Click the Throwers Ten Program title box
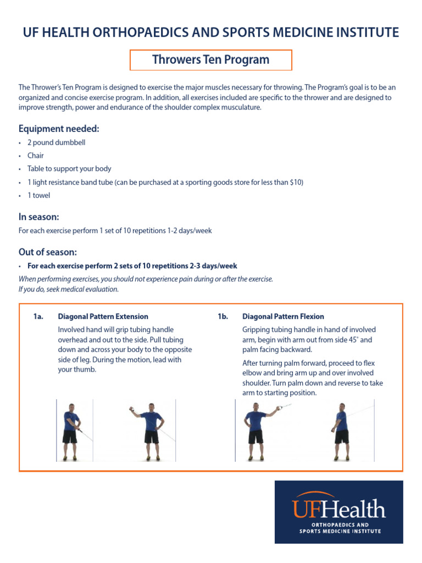[x=210, y=60]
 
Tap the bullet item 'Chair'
[x=36, y=156]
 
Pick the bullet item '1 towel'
[x=38, y=195]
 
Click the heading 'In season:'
[x=38, y=217]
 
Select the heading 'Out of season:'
[x=48, y=252]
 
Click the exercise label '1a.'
[x=38, y=317]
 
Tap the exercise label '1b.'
[x=223, y=317]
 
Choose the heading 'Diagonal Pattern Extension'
[x=103, y=317]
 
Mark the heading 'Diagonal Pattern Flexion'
[x=283, y=317]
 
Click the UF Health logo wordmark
[x=338, y=509]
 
